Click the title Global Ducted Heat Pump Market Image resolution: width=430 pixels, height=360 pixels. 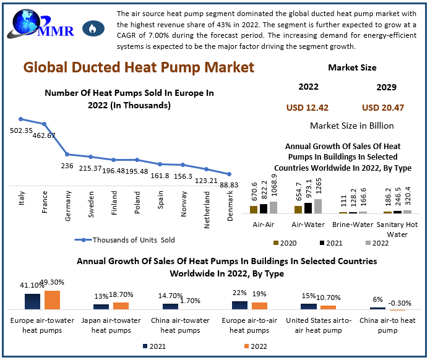click(139, 67)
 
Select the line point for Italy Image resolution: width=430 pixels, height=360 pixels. click(21, 119)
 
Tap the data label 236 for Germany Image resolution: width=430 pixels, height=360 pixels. click(67, 166)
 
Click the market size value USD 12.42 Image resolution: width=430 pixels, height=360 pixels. click(307, 108)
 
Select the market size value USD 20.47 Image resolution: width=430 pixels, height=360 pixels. click(383, 108)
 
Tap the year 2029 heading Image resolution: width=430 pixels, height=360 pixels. click(387, 87)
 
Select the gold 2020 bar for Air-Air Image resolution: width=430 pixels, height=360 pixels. click(253, 209)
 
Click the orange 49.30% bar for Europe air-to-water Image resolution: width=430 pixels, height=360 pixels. click(52, 299)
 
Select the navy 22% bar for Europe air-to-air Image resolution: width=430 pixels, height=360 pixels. click(239, 305)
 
